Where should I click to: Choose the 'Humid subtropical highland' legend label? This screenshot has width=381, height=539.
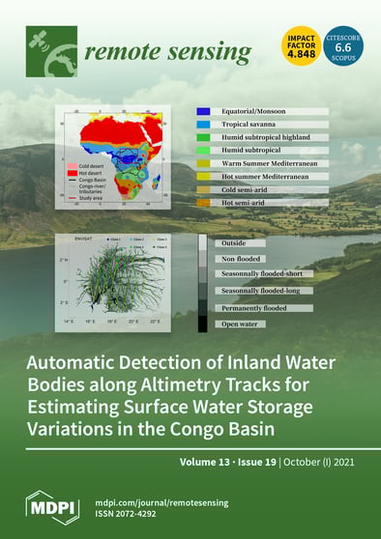262,137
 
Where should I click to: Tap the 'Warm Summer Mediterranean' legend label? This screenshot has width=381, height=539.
265,163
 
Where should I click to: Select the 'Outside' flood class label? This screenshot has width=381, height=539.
233,242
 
